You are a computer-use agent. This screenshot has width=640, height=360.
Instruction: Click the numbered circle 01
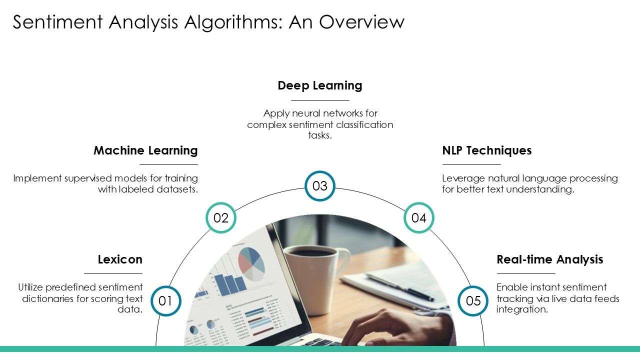165,301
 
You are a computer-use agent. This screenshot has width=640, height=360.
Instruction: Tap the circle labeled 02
221,217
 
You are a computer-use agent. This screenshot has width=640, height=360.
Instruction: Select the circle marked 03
319,186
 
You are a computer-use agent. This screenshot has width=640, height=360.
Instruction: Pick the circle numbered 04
419,217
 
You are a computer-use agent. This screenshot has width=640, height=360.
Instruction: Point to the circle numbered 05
473,301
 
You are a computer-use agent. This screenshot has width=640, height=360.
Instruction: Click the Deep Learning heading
320,85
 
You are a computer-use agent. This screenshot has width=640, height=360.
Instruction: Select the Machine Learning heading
145,150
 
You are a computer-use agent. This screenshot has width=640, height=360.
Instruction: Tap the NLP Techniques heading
487,150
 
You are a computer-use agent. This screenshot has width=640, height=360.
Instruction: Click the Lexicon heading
120,259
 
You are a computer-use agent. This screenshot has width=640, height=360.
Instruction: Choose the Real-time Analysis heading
550,259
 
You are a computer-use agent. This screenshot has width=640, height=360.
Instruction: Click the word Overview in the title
361,22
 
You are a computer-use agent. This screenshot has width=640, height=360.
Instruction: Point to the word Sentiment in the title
57,22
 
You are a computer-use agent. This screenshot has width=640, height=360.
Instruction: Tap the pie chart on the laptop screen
251,264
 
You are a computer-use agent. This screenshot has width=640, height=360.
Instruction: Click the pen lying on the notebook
399,287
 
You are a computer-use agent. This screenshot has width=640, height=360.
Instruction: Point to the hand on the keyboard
397,328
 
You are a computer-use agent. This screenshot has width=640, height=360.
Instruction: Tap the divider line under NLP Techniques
471,164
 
